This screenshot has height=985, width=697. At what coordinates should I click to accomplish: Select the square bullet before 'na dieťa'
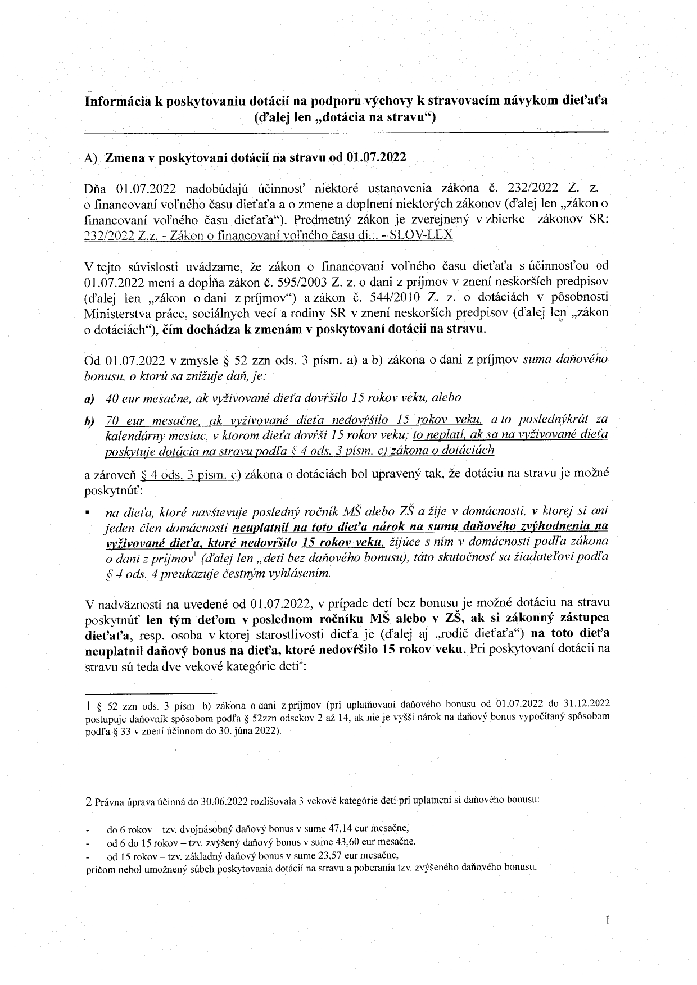coord(88,512)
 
